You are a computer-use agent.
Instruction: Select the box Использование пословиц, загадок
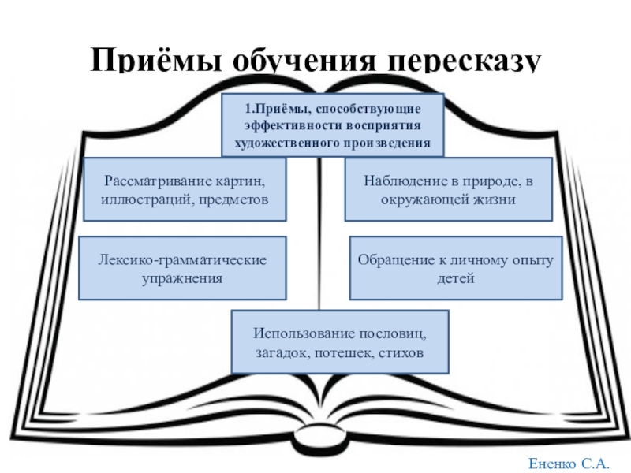coord(340,341)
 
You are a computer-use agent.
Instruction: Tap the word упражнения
coord(183,278)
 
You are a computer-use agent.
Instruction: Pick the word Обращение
coord(391,259)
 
